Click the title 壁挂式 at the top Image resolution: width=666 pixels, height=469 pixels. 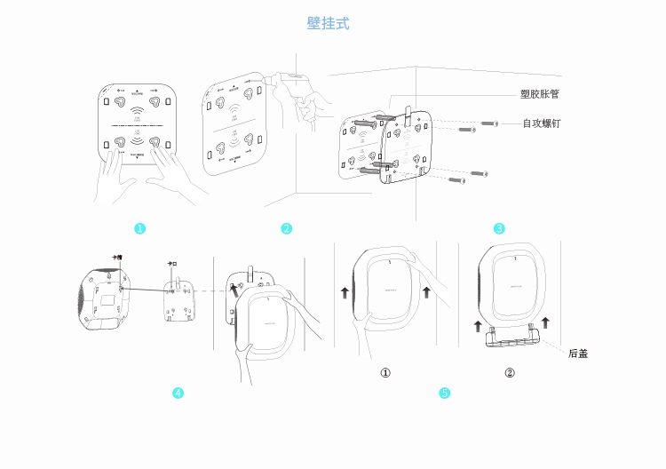click(x=328, y=23)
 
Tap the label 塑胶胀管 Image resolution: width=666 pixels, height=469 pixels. click(x=539, y=93)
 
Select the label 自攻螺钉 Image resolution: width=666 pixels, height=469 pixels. click(x=541, y=123)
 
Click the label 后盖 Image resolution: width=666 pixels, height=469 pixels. click(x=578, y=354)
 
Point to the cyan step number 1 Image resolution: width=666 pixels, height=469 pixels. click(x=139, y=229)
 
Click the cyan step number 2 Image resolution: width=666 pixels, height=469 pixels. click(x=287, y=229)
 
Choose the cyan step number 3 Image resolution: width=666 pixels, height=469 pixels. click(x=500, y=229)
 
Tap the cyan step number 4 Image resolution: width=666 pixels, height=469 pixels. click(x=178, y=393)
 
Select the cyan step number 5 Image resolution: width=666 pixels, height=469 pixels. click(x=445, y=393)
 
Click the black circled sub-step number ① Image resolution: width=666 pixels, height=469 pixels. click(x=385, y=373)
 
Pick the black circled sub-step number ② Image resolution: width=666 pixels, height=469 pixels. click(x=510, y=373)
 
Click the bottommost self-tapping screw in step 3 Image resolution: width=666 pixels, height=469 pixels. click(x=457, y=180)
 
